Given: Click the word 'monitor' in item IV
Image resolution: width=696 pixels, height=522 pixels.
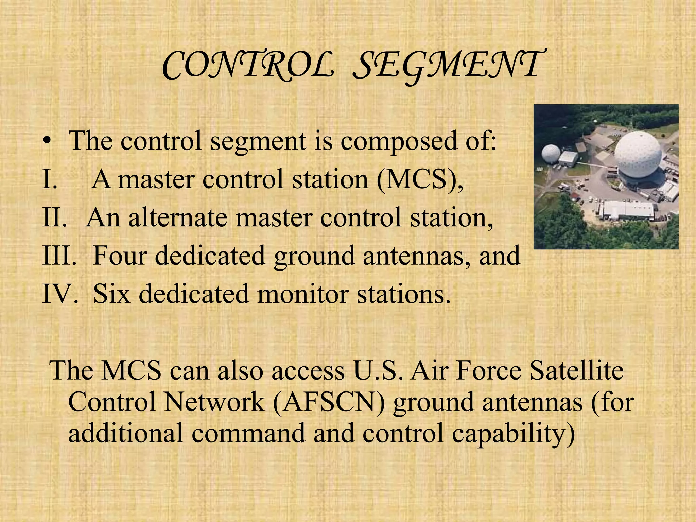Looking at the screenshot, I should point(302,294).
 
